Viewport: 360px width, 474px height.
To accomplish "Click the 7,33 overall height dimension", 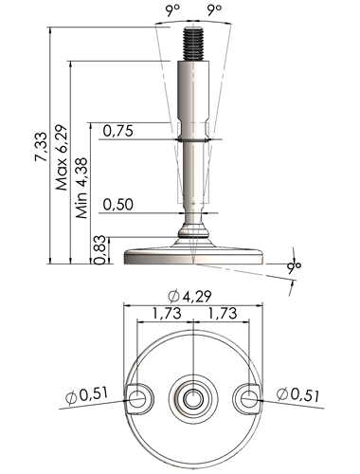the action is pyautogui.click(x=42, y=147).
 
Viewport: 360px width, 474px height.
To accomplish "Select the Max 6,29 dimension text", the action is pyautogui.click(x=62, y=157).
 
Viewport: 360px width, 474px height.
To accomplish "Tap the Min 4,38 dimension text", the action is pyautogui.click(x=81, y=188).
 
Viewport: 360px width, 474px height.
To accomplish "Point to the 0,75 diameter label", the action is pyautogui.click(x=118, y=131).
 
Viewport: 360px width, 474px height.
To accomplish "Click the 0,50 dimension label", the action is pyautogui.click(x=118, y=205).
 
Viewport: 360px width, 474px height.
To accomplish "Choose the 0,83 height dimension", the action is pyautogui.click(x=99, y=249).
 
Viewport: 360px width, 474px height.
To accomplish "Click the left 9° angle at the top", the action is pyautogui.click(x=171, y=10).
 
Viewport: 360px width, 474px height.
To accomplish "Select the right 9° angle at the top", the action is pyautogui.click(x=214, y=10).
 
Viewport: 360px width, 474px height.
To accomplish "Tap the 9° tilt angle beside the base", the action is pyautogui.click(x=294, y=267).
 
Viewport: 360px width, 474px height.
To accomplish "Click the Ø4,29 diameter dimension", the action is pyautogui.click(x=189, y=297).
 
